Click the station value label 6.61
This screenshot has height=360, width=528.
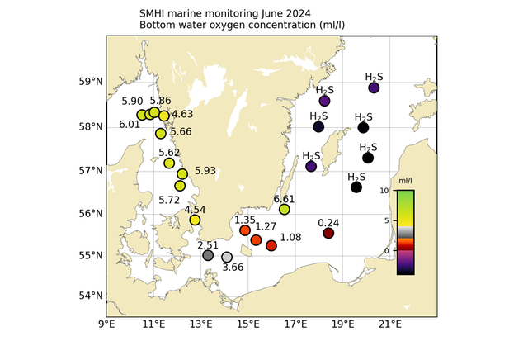pos(284,199)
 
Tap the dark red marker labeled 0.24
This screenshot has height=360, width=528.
pos(328,234)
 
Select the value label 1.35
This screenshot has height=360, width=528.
pos(245,220)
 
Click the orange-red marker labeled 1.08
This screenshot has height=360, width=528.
pos(271,246)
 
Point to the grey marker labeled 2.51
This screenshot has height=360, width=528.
pos(209,255)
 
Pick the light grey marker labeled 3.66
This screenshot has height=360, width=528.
pos(227,258)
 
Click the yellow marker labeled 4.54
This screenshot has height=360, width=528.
pos(195,220)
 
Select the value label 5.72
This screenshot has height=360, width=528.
pos(169,200)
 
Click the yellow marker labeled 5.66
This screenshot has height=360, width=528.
pos(161,134)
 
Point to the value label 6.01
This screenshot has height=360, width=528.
pos(130,125)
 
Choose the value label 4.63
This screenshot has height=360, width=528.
pos(182,114)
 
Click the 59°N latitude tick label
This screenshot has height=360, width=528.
pos(91,82)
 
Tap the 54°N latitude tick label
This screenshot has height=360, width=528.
pos(91,296)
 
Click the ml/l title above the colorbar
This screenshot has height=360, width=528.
pos(405,180)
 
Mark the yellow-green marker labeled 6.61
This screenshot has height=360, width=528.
pos(285,210)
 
